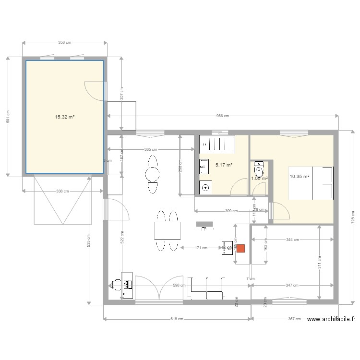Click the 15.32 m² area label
65,117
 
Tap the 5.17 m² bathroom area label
224,165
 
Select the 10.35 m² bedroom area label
300,177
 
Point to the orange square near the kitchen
240,248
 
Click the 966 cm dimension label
222,116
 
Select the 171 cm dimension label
201,248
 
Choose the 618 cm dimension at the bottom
177,319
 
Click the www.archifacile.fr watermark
331,319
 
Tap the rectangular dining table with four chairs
167,231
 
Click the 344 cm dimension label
293,240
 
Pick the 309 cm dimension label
231,211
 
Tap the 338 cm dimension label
62,191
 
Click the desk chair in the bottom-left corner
116,285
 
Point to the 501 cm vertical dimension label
8,117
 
